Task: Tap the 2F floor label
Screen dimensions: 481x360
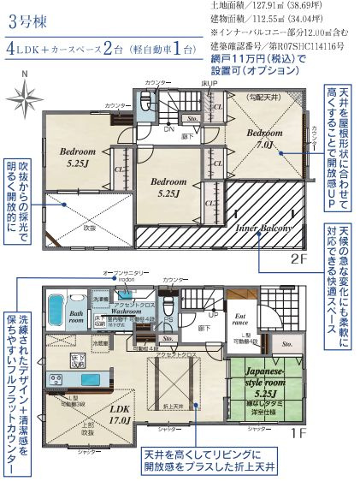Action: coord(297,259)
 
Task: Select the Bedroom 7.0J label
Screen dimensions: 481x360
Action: coord(265,140)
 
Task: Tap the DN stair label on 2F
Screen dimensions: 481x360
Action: coord(169,131)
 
